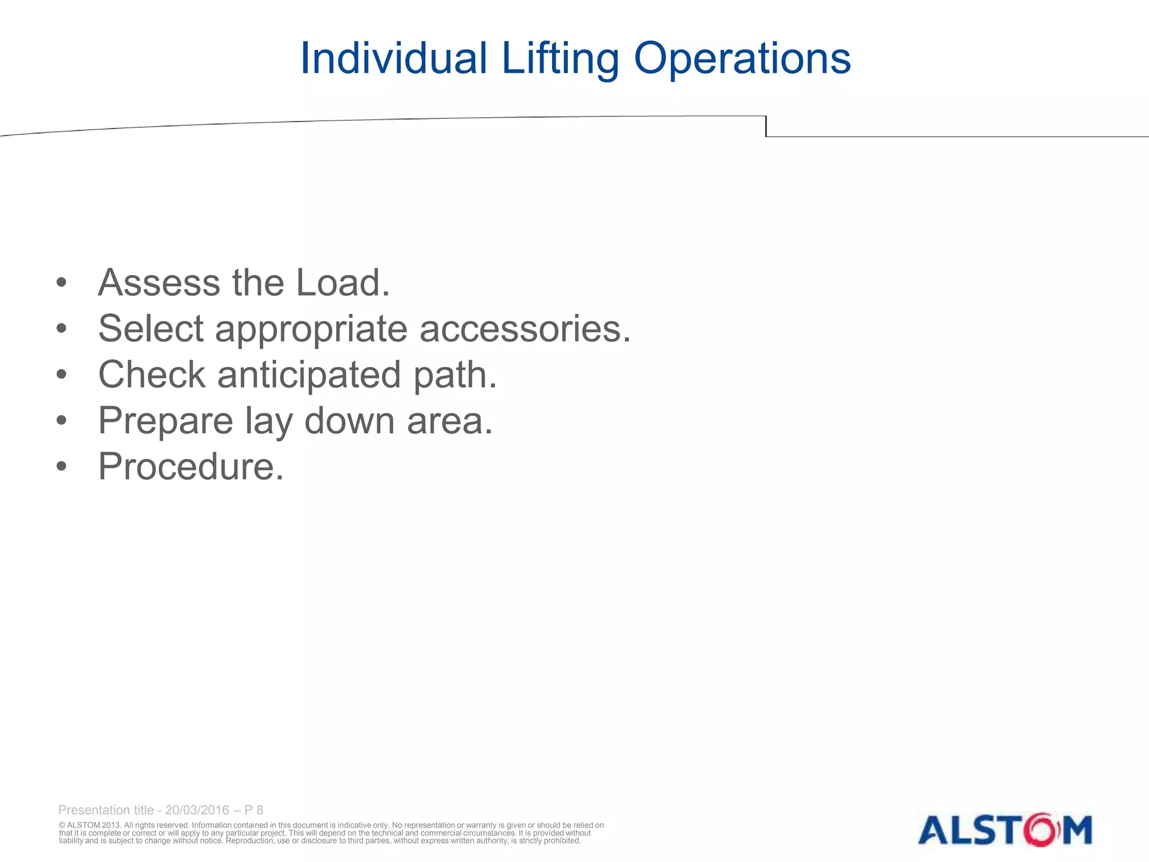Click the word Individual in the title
coord(393,58)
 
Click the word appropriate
coord(311,330)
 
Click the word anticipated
coord(309,375)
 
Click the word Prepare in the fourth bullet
coord(166,421)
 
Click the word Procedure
coord(191,466)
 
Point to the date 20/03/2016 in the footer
coord(197,810)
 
